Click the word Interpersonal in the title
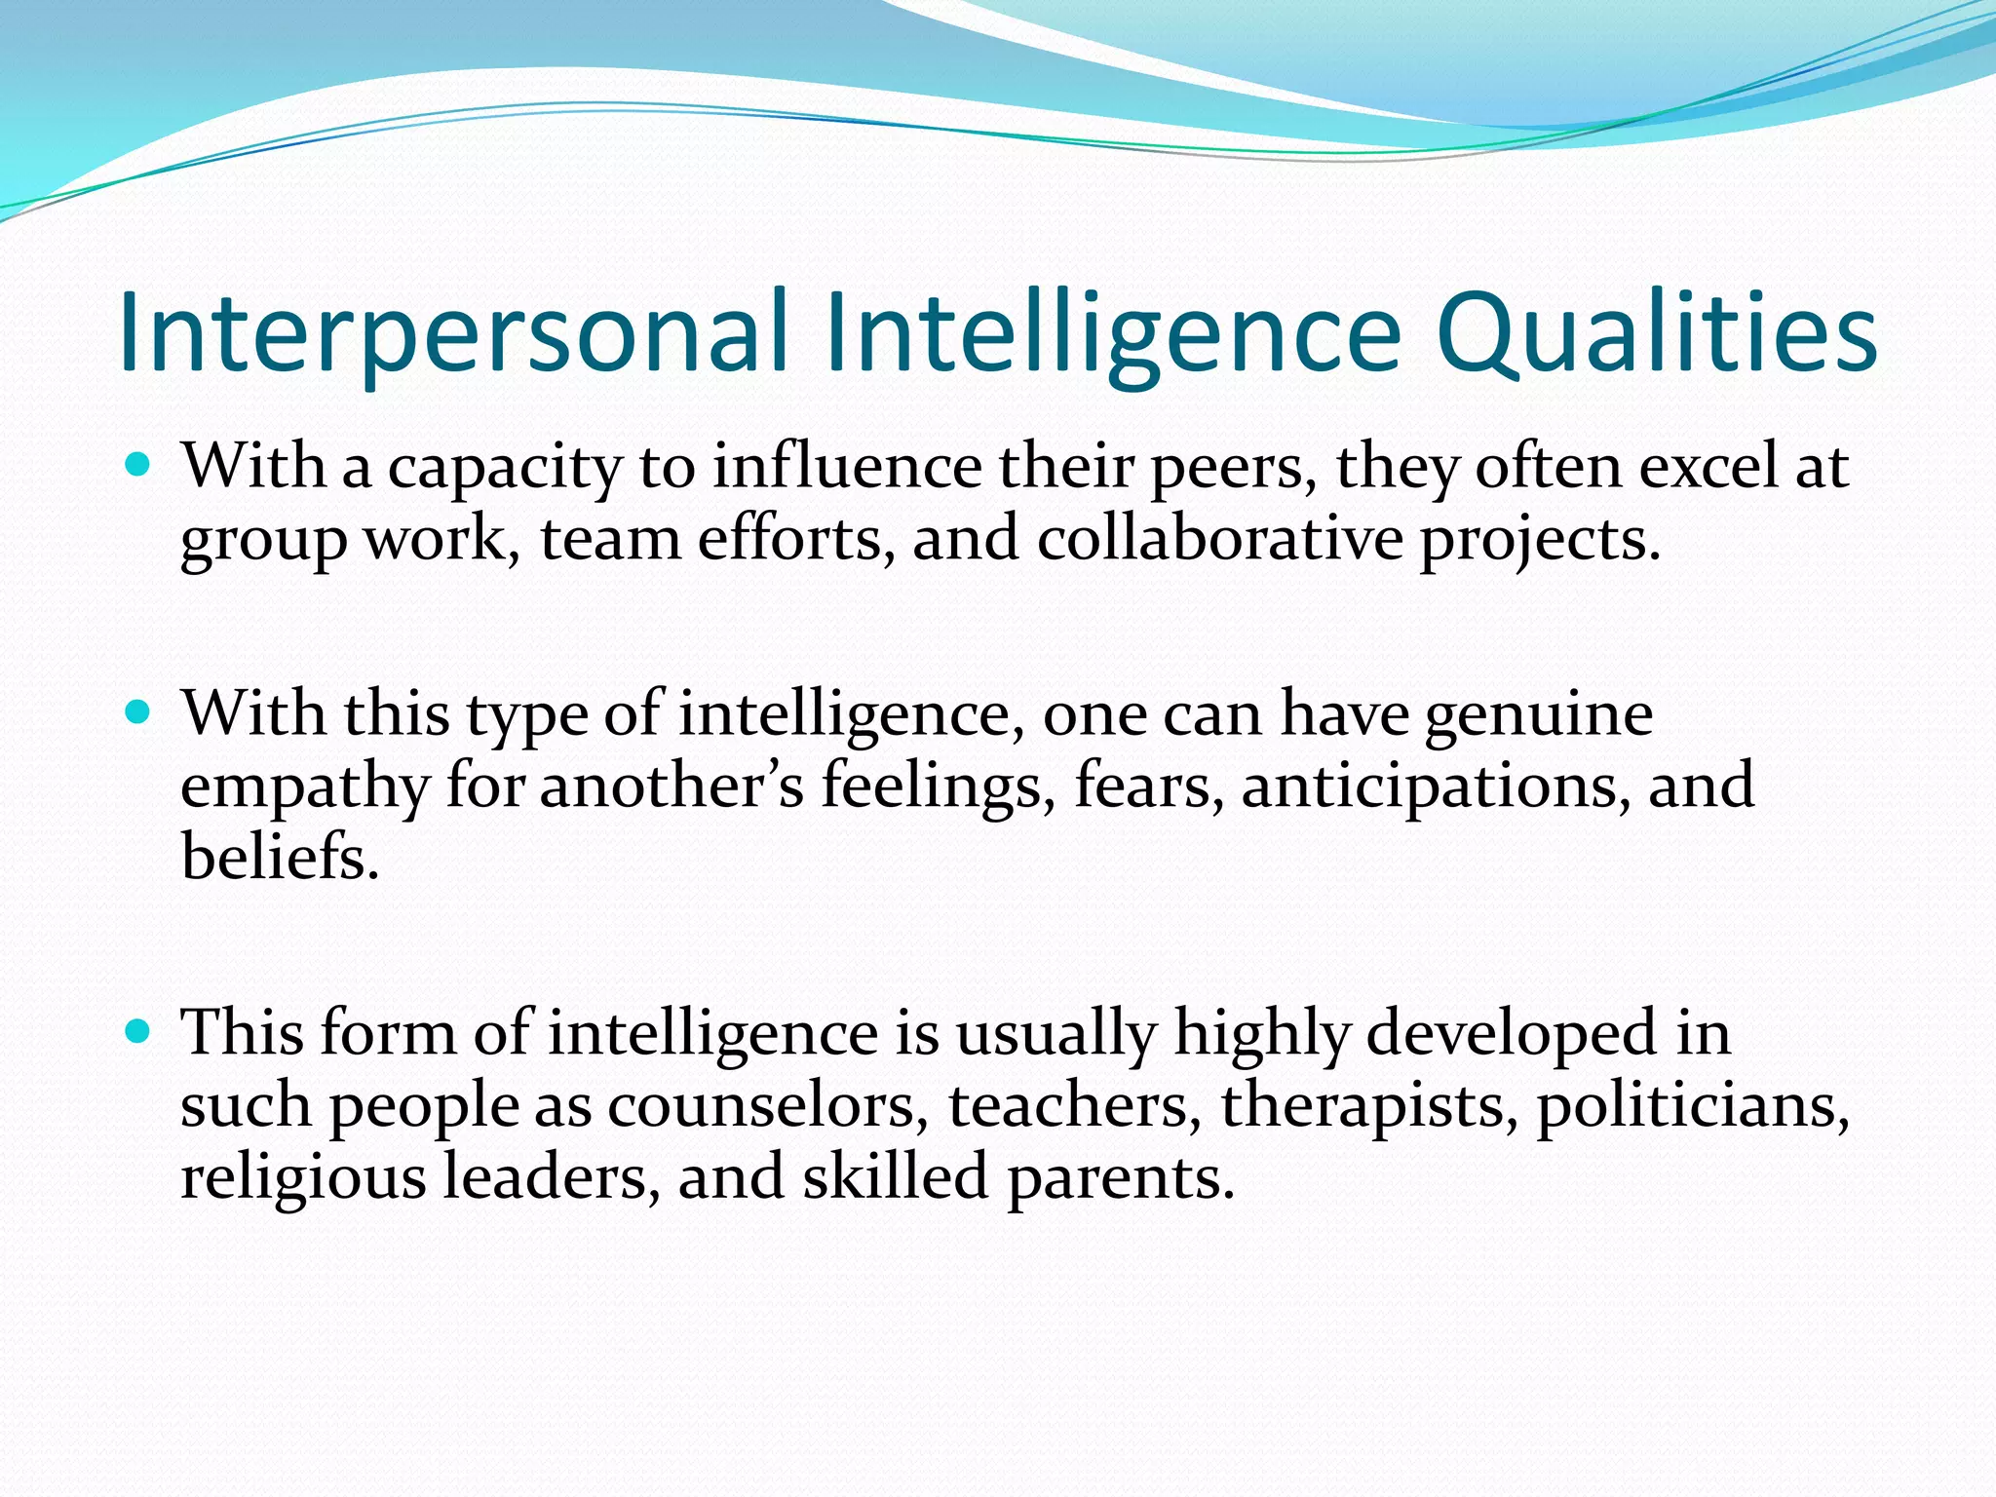click(452, 332)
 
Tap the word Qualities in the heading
click(1656, 332)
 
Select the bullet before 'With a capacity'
click(138, 464)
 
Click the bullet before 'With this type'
click(138, 712)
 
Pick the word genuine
click(1539, 715)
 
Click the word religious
click(303, 1177)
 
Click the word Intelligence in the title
click(1112, 332)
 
